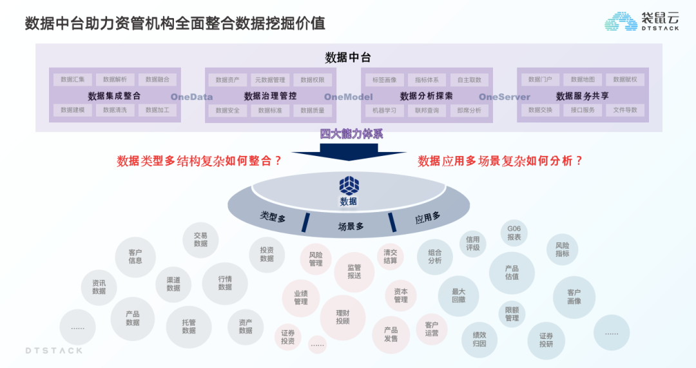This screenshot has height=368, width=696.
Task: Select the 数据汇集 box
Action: [73, 80]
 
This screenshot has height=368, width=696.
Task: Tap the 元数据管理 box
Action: [270, 80]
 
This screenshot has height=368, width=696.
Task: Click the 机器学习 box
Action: [385, 110]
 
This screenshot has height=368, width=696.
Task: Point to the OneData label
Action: [191, 97]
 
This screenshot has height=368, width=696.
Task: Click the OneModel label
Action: [348, 97]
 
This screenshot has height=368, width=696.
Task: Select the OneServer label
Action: [505, 97]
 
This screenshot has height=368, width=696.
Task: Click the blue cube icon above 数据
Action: [349, 186]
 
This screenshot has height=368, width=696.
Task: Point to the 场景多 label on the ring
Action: [351, 226]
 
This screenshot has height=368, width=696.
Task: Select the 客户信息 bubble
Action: [135, 257]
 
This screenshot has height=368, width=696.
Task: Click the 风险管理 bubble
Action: [316, 259]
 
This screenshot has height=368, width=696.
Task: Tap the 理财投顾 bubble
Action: [343, 317]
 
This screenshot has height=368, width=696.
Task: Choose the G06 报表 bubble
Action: [514, 233]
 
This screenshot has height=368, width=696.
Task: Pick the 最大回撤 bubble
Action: [458, 296]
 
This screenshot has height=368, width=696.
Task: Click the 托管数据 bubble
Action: [189, 327]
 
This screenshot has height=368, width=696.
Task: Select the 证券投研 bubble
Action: [546, 340]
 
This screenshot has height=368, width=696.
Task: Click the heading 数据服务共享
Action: [583, 96]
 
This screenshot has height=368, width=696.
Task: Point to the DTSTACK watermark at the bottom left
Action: [54, 351]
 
